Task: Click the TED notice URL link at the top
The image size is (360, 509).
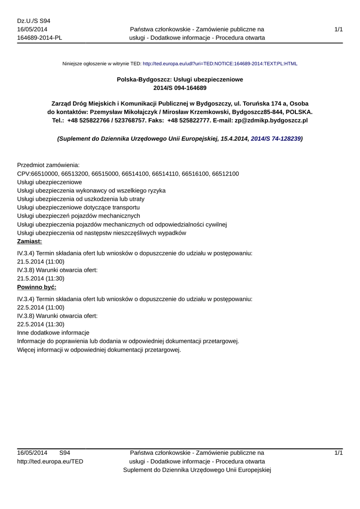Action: [x=220, y=64]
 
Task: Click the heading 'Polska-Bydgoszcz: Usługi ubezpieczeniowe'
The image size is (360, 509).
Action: [x=180, y=79]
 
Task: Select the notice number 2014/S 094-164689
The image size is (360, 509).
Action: [x=180, y=88]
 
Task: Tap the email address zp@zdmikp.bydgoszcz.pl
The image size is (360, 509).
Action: [x=271, y=121]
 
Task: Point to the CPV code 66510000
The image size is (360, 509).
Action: [x=45, y=173]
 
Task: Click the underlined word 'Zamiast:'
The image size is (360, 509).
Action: [x=29, y=242]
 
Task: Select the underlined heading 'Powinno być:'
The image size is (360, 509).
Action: [x=36, y=287]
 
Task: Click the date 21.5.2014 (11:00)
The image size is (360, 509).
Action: [x=40, y=261]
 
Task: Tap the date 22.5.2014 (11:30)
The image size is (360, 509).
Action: [x=40, y=324]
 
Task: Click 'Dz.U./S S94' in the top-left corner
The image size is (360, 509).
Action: [x=34, y=21]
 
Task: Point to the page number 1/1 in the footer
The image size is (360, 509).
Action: [x=339, y=453]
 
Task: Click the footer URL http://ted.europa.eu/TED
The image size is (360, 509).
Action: [x=50, y=461]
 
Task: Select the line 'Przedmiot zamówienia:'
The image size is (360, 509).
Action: [x=48, y=165]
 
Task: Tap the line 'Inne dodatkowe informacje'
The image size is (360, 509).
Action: [x=53, y=333]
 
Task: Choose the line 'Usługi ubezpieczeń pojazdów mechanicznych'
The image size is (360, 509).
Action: [x=79, y=216]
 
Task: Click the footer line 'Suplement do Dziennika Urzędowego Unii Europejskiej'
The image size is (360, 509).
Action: [x=197, y=470]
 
